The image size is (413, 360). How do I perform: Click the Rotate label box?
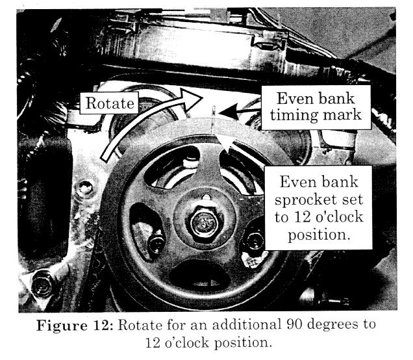point(109,103)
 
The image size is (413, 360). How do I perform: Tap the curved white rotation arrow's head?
point(190,99)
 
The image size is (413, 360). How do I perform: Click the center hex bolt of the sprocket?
point(205,224)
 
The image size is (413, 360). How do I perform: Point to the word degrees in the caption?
point(332,326)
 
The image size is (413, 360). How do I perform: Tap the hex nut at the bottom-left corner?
point(43,284)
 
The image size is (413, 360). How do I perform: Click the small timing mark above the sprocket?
point(214,110)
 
